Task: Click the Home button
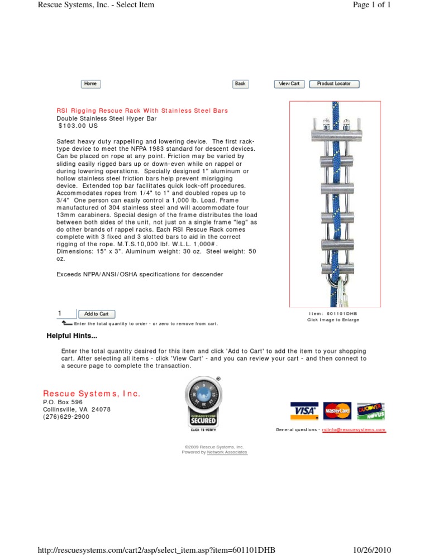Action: tap(90, 84)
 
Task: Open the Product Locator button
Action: tap(334, 84)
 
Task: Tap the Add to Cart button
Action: tap(97, 314)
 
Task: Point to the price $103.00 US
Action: tap(78, 126)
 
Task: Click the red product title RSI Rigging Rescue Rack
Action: tap(142, 111)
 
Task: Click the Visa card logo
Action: tap(304, 412)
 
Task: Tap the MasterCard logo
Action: tap(337, 412)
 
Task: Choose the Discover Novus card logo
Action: tap(370, 412)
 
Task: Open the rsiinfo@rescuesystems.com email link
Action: tap(354, 430)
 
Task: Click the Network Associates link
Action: tap(227, 452)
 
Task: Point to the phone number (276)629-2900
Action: tap(66, 417)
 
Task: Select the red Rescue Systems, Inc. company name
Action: tap(92, 394)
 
